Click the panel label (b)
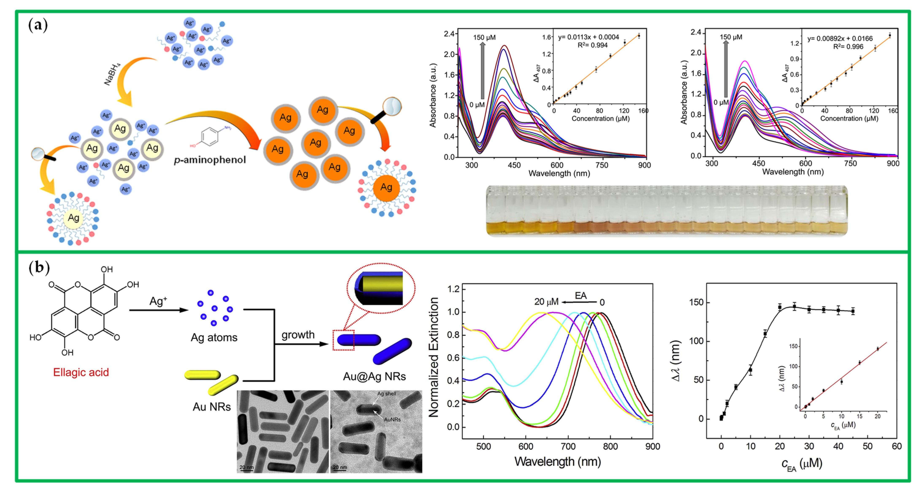pyautogui.click(x=39, y=268)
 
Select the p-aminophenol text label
pyautogui.click(x=210, y=160)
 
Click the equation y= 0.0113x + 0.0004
pyautogui.click(x=588, y=37)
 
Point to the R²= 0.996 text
pyautogui.click(x=848, y=47)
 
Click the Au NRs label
pyautogui.click(x=212, y=407)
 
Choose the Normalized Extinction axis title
pyautogui.click(x=434, y=357)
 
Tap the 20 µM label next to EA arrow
pyautogui.click(x=546, y=302)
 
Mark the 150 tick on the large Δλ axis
pyautogui.click(x=696, y=303)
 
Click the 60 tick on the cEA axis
pyautogui.click(x=896, y=446)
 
